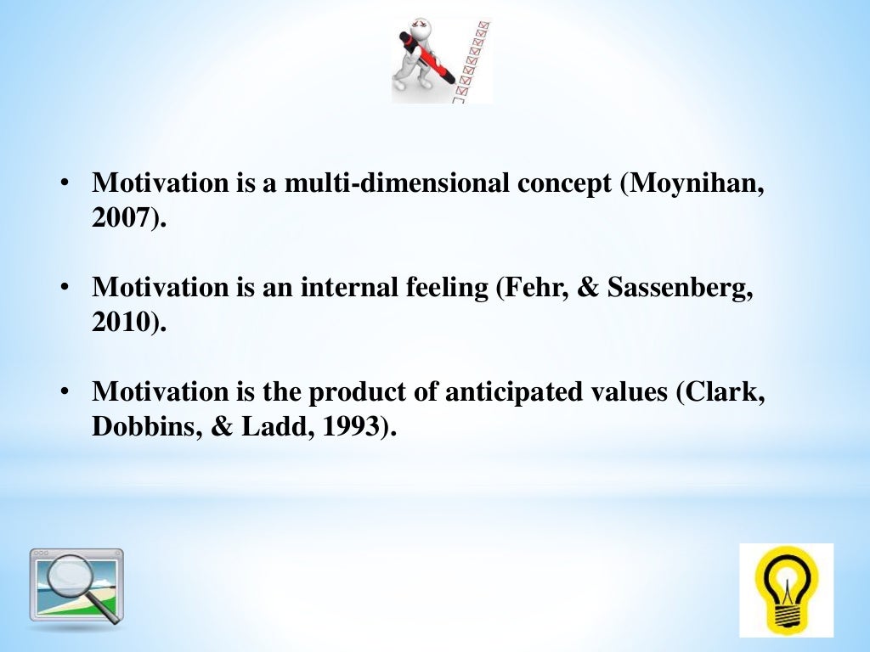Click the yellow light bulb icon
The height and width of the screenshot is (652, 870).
point(786,589)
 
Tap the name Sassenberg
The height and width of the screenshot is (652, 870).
point(682,287)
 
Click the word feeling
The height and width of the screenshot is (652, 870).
point(441,287)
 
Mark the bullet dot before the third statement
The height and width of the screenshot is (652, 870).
point(65,392)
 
